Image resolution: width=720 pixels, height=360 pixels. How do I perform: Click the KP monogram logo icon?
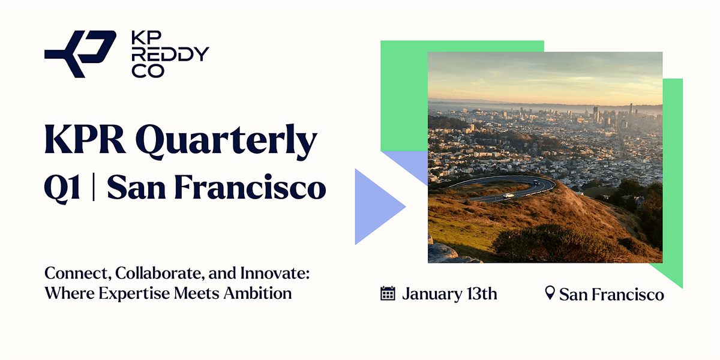pos(80,54)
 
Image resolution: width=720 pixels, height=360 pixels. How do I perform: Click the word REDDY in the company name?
pos(170,55)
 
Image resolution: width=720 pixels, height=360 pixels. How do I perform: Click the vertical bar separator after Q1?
pos(94,187)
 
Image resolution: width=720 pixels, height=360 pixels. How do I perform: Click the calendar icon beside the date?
pos(388,293)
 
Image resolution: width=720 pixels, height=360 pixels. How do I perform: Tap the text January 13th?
pos(449,294)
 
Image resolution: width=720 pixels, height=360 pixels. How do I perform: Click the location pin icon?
pos(549,293)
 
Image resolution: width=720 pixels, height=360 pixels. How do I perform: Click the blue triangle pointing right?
pos(377,207)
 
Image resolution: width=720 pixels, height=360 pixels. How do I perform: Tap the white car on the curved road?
pos(509,195)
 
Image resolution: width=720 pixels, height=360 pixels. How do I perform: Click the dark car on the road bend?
pos(535,182)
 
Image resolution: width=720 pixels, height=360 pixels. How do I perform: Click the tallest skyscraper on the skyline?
pos(631,110)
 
